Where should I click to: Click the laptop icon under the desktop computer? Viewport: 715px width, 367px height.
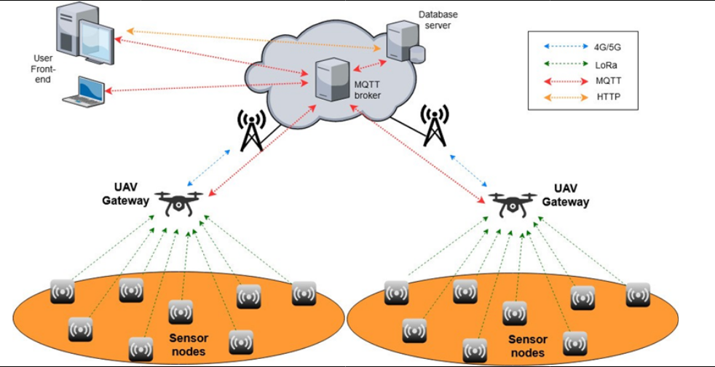(84, 90)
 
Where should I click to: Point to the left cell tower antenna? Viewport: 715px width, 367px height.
(250, 129)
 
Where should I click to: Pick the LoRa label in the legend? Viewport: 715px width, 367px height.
(605, 63)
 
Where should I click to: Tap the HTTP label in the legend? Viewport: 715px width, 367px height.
(606, 97)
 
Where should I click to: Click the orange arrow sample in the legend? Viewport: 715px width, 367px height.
(564, 97)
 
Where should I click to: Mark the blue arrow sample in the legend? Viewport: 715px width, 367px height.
(564, 46)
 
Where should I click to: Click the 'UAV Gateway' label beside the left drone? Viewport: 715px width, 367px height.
(125, 194)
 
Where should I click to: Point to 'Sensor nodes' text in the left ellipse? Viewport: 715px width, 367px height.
(188, 344)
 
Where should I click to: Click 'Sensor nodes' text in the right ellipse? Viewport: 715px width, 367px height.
(527, 346)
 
